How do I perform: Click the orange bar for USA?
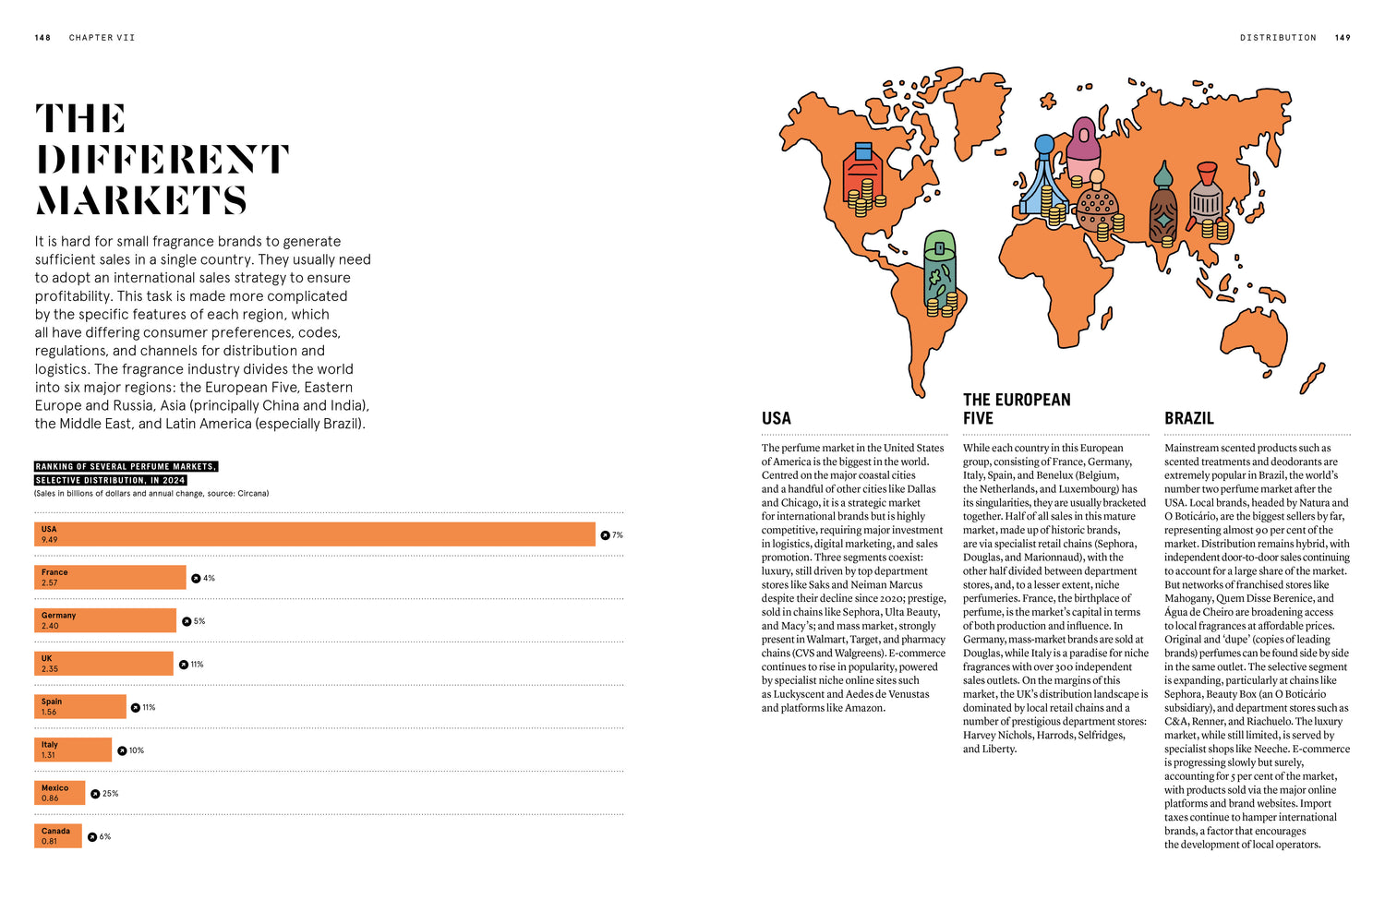(314, 534)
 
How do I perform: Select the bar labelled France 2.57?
(110, 578)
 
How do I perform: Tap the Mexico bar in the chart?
(59, 793)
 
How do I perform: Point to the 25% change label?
(110, 794)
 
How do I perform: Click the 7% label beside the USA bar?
(617, 535)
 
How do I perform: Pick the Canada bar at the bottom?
(58, 836)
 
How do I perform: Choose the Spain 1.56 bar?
(79, 707)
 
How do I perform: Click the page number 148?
(42, 38)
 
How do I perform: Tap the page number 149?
(1343, 38)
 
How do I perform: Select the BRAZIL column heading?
(1189, 418)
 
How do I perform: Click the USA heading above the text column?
(777, 418)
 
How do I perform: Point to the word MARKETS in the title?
(141, 200)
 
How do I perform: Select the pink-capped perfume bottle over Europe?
(1083, 143)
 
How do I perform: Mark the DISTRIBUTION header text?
(1278, 38)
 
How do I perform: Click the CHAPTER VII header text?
(102, 38)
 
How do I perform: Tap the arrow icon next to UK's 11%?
(183, 665)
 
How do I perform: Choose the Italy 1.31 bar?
(73, 750)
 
